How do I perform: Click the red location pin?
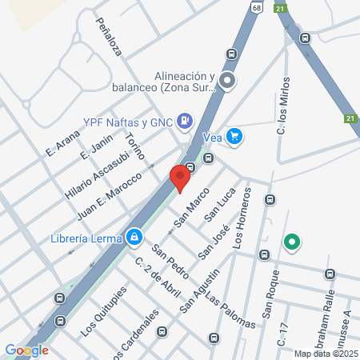point(181,177)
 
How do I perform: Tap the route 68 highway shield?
point(255,6)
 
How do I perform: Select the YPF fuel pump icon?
point(186,121)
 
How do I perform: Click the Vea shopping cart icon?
point(234,136)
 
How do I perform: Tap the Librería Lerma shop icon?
point(134,237)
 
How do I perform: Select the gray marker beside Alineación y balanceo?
point(228,80)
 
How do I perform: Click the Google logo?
point(26,350)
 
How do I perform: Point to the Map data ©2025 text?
point(326,353)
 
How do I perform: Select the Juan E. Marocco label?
point(109,195)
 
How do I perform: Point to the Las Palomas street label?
point(230,311)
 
